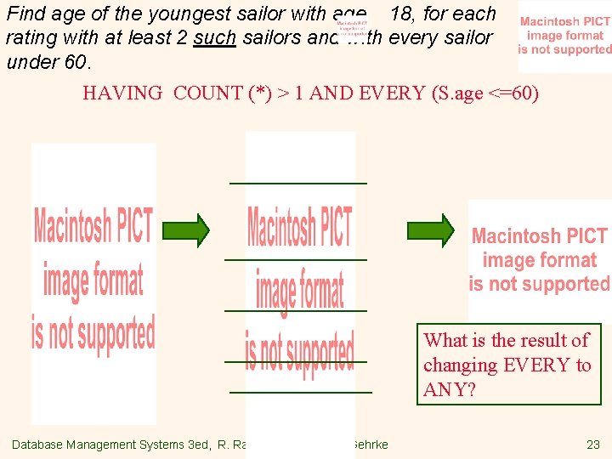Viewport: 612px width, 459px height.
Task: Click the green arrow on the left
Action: click(x=185, y=229)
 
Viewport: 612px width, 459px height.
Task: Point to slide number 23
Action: click(x=592, y=445)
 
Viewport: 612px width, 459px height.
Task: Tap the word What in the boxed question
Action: click(x=445, y=341)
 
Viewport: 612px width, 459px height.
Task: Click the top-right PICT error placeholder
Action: click(x=564, y=36)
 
